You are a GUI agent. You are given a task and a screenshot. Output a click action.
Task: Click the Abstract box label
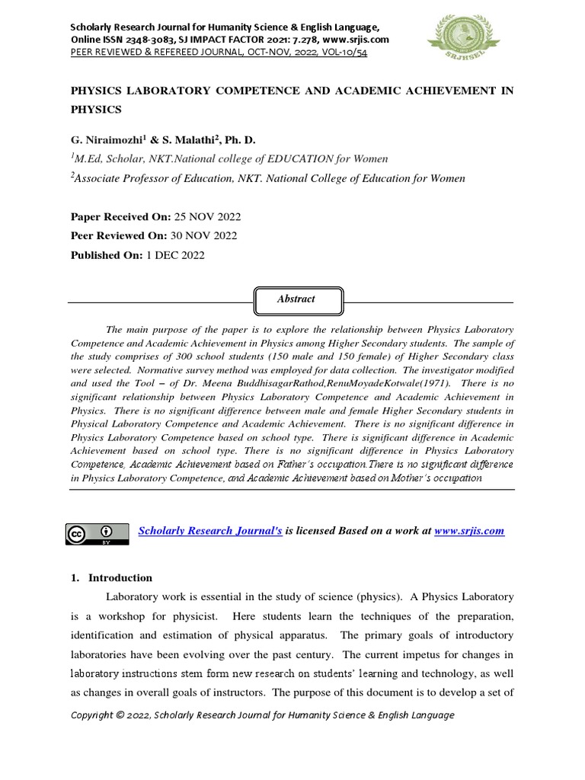click(x=296, y=299)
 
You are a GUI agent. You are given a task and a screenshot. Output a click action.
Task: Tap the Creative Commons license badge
click(x=97, y=534)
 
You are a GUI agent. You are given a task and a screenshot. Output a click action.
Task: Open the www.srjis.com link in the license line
click(x=468, y=531)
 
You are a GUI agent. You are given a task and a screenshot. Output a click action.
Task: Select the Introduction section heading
click(x=120, y=577)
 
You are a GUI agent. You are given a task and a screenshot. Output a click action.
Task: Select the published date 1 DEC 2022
click(x=175, y=255)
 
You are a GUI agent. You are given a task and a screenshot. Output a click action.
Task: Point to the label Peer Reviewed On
click(x=117, y=236)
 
